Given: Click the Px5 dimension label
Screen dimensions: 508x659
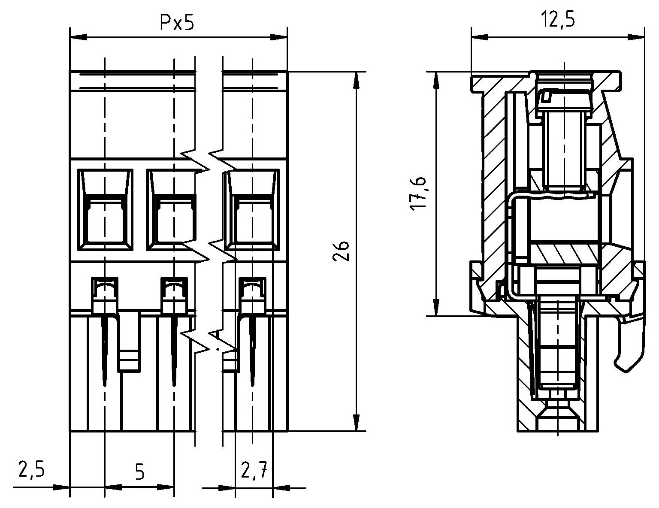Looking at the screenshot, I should [177, 23].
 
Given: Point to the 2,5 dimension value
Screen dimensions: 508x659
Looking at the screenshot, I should [31, 469].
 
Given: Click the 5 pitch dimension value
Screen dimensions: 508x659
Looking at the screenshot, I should [139, 472].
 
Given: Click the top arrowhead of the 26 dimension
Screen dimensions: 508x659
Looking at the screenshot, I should [356, 79].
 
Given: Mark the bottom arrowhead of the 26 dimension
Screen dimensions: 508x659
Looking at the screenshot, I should [356, 423].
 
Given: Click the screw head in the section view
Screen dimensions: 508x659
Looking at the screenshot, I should [563, 99].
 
